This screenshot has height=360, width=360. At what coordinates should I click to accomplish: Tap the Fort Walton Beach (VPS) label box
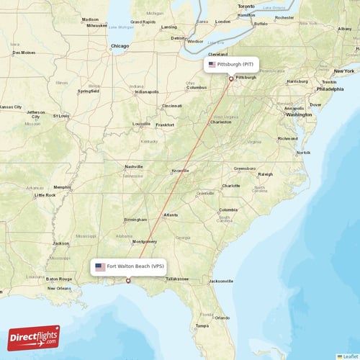pyautogui.click(x=130, y=266)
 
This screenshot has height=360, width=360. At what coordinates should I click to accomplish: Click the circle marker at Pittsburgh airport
pyautogui.click(x=231, y=78)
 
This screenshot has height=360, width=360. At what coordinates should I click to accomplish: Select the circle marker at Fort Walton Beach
pyautogui.click(x=129, y=281)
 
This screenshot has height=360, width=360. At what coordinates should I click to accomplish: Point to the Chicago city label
pyautogui.click(x=120, y=46)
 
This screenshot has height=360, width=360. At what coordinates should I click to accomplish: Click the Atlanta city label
pyautogui.click(x=171, y=215)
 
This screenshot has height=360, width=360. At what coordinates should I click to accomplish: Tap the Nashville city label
pyautogui.click(x=134, y=166)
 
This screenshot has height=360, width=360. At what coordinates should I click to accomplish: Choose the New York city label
pyautogui.click(x=343, y=71)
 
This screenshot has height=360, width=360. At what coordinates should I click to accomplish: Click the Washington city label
pyautogui.click(x=299, y=114)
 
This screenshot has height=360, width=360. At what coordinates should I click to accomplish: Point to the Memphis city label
pyautogui.click(x=63, y=187)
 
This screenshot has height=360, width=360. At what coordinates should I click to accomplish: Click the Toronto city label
pyautogui.click(x=246, y=6)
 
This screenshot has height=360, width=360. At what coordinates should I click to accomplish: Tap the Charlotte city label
pyautogui.click(x=231, y=186)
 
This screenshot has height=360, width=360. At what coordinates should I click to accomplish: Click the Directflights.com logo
pyautogui.click(x=34, y=337)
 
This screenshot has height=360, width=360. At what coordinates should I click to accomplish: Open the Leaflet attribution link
pyautogui.click(x=349, y=356)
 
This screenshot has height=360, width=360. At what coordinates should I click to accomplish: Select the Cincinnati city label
pyautogui.click(x=172, y=106)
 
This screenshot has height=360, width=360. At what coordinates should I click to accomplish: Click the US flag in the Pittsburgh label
pyautogui.click(x=212, y=65)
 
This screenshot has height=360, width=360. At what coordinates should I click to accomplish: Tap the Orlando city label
pyautogui.click(x=222, y=318)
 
